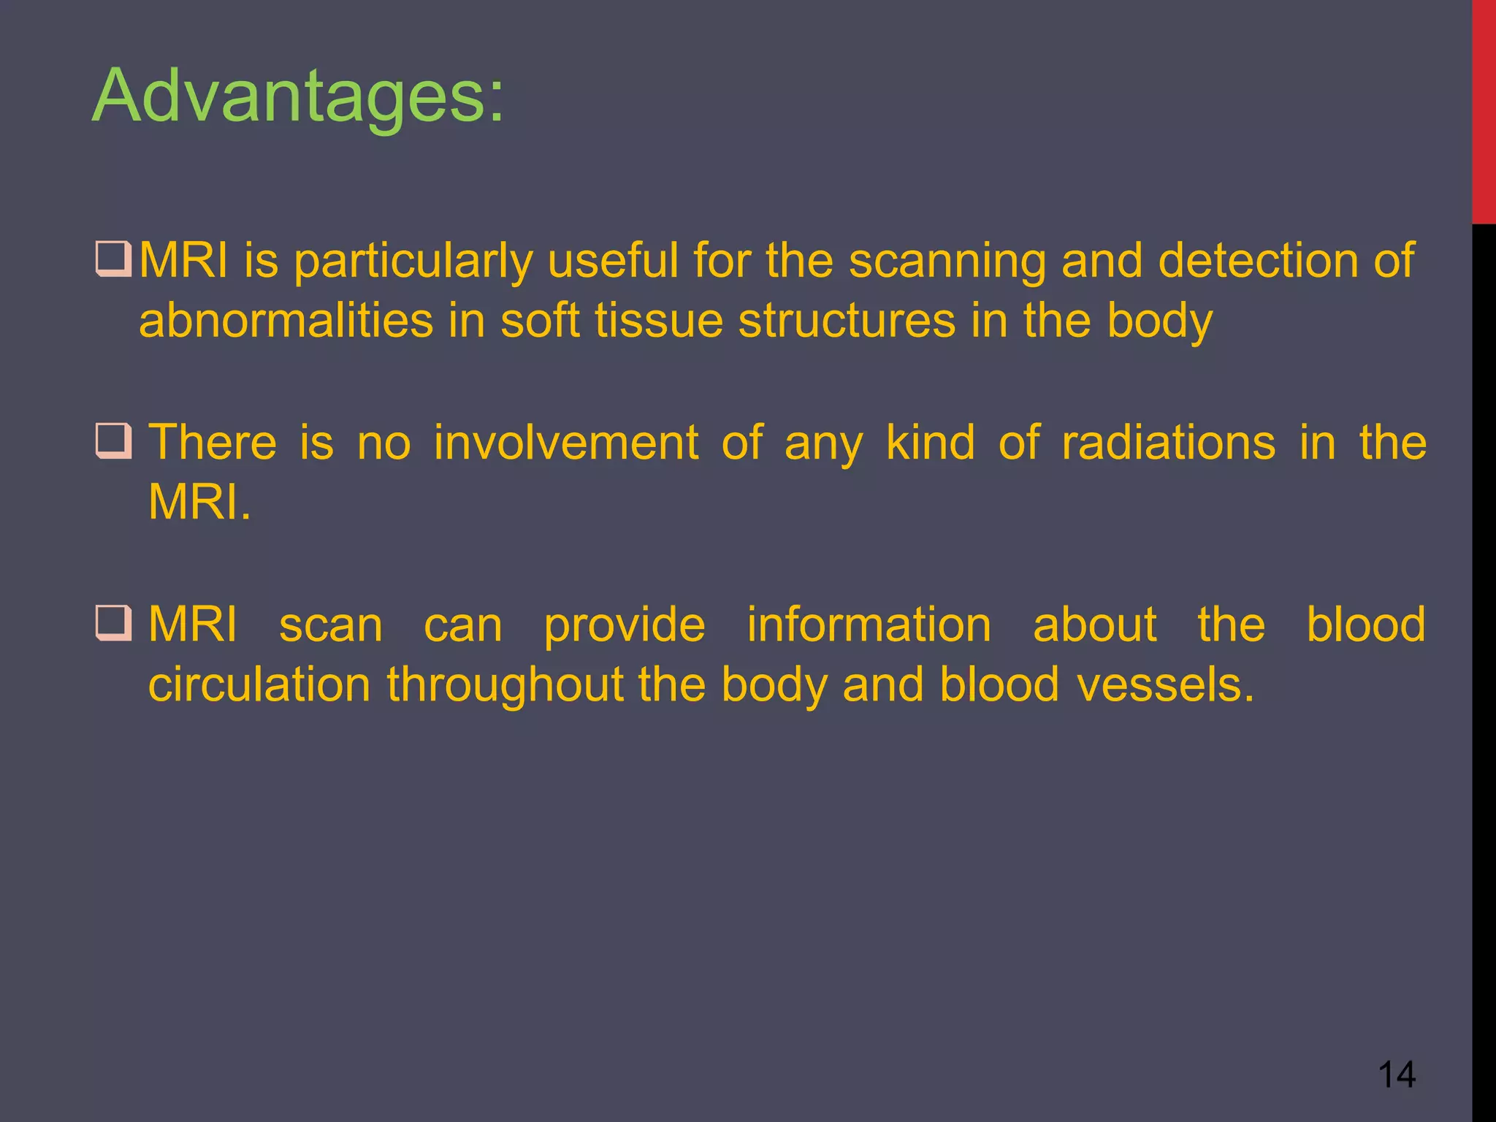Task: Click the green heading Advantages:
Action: (298, 96)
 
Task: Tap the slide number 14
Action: (1397, 1075)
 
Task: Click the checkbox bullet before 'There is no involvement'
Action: (113, 441)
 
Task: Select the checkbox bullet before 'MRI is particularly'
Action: (113, 260)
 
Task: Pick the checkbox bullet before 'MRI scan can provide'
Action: (113, 623)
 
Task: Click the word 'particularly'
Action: (413, 262)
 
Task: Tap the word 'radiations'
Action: (1168, 443)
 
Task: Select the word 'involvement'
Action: (566, 443)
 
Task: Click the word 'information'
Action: (869, 625)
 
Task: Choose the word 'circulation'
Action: (259, 684)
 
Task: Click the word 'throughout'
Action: (505, 684)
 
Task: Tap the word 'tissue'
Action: (658, 321)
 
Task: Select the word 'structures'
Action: (847, 321)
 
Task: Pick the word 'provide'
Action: (625, 626)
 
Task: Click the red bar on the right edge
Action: (1484, 110)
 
